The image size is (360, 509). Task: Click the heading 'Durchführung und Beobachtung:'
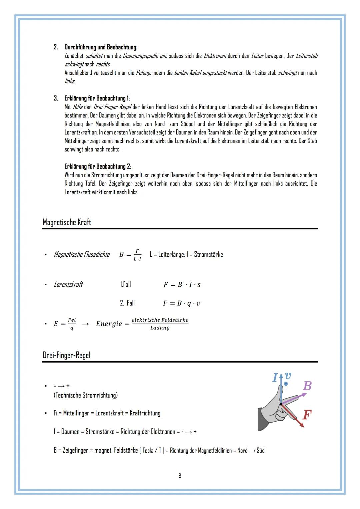101,47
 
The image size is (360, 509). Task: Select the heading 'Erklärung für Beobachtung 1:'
97,98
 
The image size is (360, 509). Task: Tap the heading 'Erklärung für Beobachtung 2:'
98,166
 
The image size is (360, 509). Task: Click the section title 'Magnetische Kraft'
67,222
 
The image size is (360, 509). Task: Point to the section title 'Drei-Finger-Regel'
66,355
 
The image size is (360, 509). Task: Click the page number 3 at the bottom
180,476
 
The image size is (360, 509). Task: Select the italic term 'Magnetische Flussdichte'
82,255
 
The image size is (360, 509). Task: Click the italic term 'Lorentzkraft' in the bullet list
68,285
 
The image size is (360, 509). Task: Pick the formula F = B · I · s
182,285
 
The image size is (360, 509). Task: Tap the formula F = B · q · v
182,303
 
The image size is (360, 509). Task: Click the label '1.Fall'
125,284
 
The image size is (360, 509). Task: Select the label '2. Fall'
127,303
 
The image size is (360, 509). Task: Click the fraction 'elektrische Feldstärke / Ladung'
160,324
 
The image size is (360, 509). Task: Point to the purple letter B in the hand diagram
307,386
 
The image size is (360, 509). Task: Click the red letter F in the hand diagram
307,415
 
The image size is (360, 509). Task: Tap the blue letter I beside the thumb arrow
275,378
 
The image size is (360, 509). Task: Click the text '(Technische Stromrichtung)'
86,395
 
